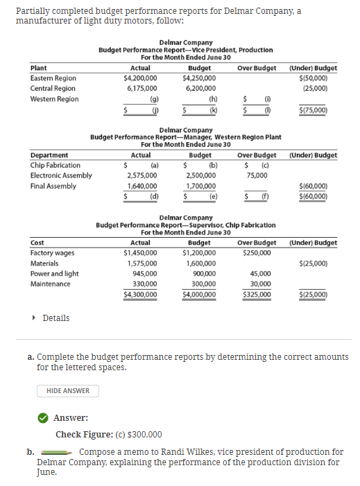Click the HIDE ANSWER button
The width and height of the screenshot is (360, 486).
pos(68,390)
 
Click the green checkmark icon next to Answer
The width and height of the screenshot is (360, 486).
pos(43,417)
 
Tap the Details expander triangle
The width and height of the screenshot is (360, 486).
pos(35,318)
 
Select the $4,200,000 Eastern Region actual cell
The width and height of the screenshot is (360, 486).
pos(139,78)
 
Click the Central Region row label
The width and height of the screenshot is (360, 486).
pos(53,89)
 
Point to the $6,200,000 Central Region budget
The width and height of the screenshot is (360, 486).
pos(199,89)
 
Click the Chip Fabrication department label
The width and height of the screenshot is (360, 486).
pos(55,165)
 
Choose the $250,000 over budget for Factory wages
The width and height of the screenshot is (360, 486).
pos(256,253)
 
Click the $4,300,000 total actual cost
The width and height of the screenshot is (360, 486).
pos(139,294)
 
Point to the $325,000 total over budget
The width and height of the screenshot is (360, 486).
pos(256,294)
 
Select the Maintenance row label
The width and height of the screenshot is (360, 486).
pos(51,284)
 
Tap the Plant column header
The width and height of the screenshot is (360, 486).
pos(39,68)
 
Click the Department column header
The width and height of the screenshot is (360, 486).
pos(50,155)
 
